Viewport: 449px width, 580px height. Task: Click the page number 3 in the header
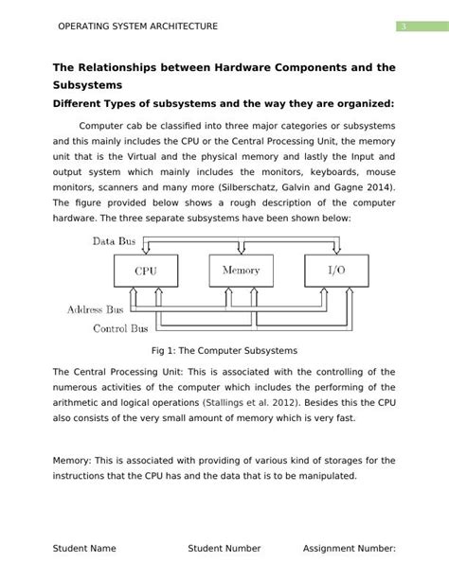click(403, 26)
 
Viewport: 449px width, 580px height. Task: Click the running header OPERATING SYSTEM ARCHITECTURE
click(138, 26)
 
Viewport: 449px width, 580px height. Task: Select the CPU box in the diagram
click(145, 271)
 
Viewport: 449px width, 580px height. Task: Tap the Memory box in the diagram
click(241, 271)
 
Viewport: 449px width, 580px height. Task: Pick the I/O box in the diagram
click(335, 271)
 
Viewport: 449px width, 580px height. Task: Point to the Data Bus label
click(114, 241)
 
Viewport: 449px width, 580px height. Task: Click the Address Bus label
click(97, 309)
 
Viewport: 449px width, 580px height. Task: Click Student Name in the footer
click(84, 548)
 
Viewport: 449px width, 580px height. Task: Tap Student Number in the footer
click(224, 548)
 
